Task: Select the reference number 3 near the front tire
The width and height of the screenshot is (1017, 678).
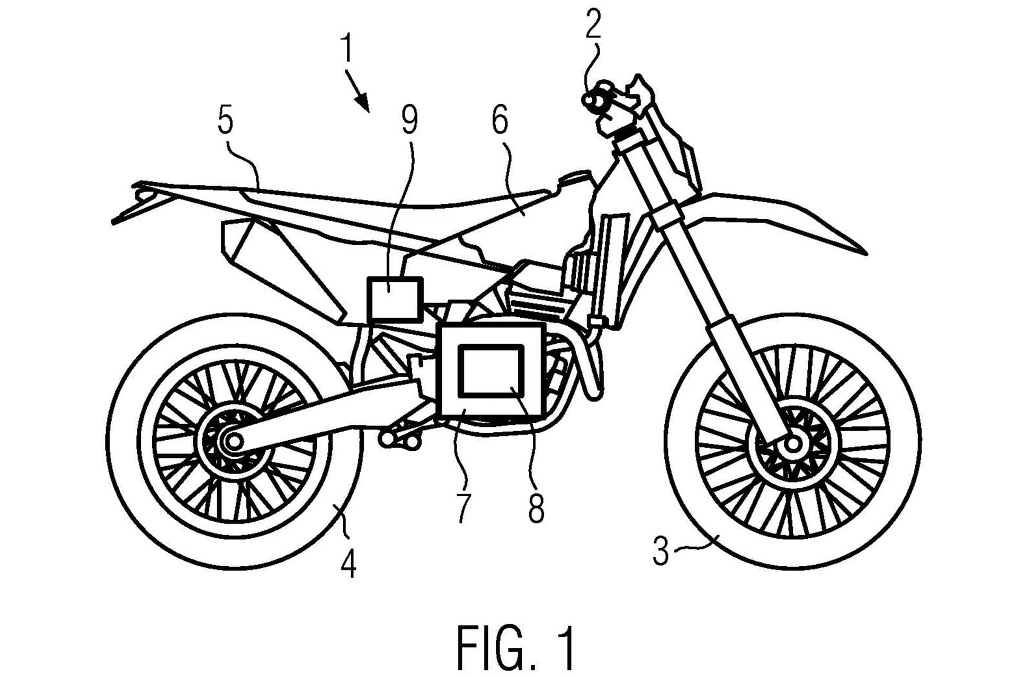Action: (661, 551)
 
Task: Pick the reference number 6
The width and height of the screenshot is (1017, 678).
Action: (499, 121)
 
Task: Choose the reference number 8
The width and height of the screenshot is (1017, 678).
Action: (536, 507)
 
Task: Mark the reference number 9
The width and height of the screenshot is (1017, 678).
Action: (409, 121)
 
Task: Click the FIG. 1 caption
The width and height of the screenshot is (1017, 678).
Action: (515, 648)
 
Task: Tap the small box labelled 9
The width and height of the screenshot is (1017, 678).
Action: (395, 299)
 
